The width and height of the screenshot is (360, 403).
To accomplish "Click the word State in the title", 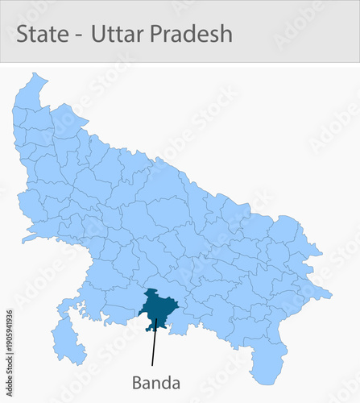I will [x=42, y=34].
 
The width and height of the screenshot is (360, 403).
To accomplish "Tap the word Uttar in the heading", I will [x=114, y=34].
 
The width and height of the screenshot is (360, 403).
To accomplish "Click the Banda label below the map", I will [x=156, y=382].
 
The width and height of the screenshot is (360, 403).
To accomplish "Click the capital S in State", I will [x=23, y=34].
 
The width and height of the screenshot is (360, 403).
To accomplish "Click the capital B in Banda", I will [x=137, y=382].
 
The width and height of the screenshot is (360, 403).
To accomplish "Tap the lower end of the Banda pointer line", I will [x=152, y=366].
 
